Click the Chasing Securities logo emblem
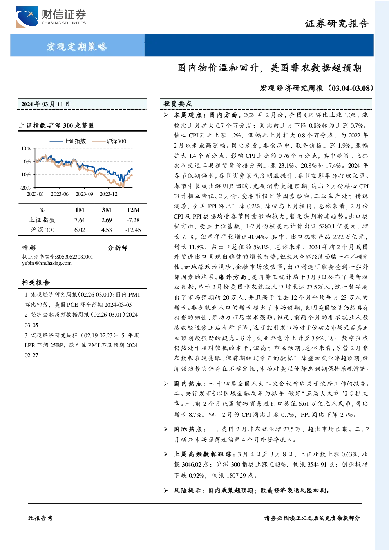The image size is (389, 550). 27,17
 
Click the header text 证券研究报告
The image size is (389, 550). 337,24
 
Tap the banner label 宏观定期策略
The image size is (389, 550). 77,46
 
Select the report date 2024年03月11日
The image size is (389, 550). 45,104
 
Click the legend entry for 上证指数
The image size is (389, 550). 67,141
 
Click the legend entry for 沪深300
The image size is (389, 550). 109,141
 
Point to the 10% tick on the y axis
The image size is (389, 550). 26,148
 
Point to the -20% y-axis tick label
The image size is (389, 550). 25,188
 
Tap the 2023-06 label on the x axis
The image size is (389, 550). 60,194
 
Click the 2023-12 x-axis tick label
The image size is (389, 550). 109,194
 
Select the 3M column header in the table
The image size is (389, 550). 107,210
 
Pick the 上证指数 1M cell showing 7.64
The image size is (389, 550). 80,220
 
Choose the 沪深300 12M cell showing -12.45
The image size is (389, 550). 133,230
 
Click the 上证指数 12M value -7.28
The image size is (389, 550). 133,220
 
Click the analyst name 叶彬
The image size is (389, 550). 29,248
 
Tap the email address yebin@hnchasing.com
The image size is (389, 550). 47,263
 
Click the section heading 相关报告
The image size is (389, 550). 36,282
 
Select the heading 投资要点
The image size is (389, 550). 178,104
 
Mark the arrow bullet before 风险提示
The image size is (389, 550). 166,491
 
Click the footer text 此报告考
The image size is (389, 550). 40,518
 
